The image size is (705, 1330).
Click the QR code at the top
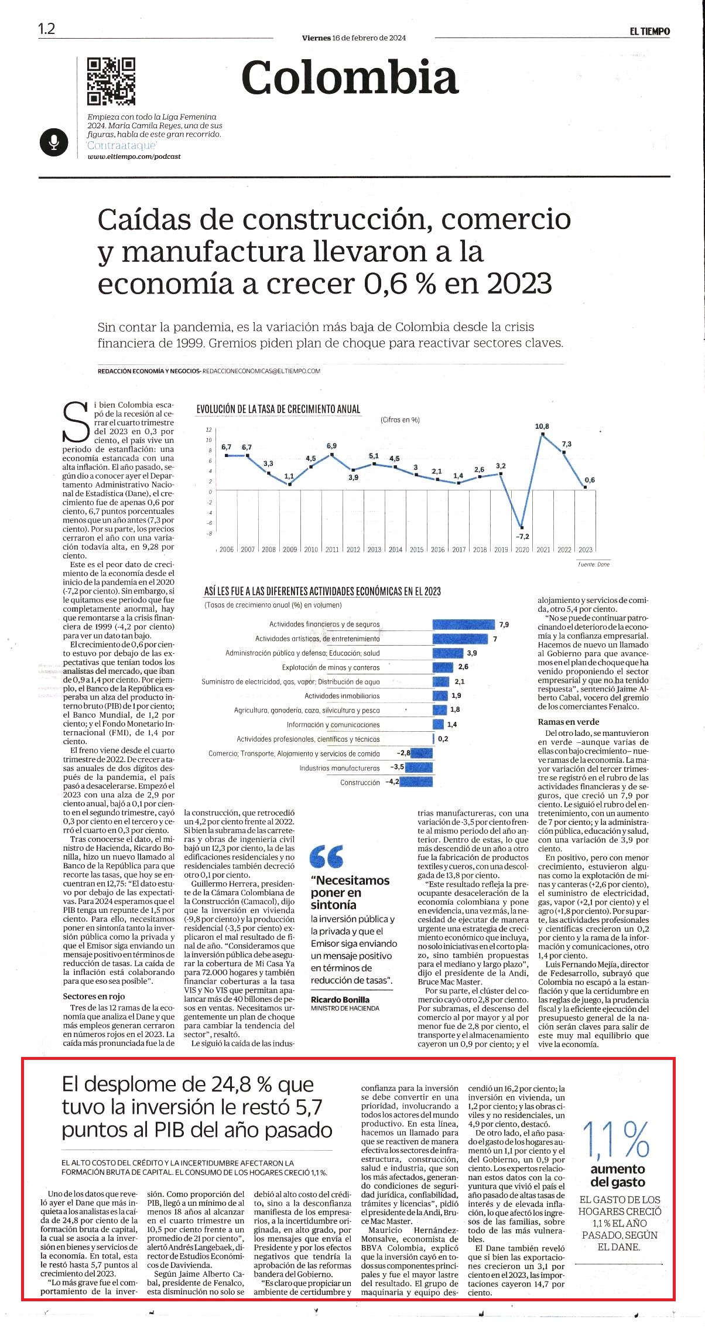click(x=111, y=81)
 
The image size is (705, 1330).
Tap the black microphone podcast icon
click(x=54, y=142)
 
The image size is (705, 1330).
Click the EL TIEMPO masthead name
click(x=650, y=32)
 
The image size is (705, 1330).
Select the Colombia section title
click(x=350, y=78)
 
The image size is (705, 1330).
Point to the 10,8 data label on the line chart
click(x=542, y=426)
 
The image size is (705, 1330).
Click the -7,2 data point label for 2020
click(x=522, y=536)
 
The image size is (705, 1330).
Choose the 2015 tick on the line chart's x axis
click(x=417, y=550)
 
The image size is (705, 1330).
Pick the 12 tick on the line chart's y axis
click(x=208, y=430)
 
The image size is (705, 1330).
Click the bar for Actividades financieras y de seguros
click(x=464, y=625)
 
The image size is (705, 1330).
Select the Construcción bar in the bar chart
click(x=416, y=782)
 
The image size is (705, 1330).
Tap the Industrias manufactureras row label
click(x=340, y=768)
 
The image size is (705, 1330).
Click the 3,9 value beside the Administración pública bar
click(x=472, y=653)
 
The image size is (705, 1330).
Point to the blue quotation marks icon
click(x=327, y=856)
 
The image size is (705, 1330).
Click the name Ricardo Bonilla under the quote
click(x=340, y=1000)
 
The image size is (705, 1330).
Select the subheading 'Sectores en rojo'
click(x=94, y=996)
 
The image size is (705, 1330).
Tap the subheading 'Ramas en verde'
click(x=569, y=722)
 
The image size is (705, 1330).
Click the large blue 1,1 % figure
click(x=616, y=1140)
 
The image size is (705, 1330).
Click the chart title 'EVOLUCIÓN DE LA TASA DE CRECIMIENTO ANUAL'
click(x=278, y=409)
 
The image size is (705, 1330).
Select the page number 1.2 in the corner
click(x=46, y=29)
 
